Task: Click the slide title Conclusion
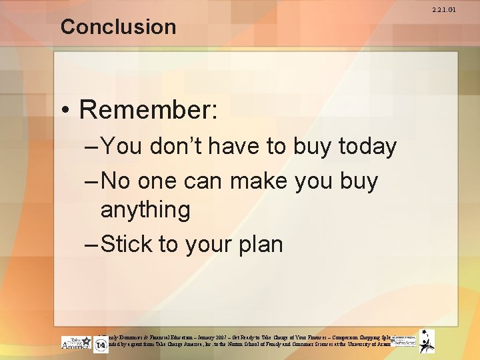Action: [x=118, y=27]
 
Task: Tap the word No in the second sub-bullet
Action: [x=117, y=181]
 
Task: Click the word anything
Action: [x=145, y=210]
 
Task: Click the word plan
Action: [x=258, y=244]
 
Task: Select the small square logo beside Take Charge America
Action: [x=101, y=345]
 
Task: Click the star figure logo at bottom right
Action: [x=426, y=341]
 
